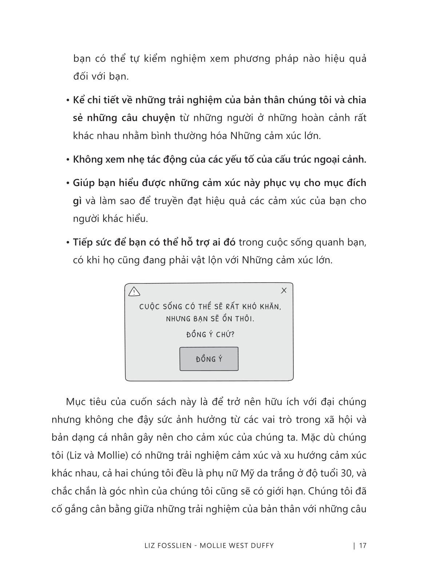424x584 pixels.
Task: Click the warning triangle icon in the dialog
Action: coord(134,291)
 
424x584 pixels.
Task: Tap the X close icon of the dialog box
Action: coord(284,290)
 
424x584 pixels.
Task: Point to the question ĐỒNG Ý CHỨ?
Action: coord(210,334)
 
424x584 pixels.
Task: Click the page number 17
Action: coord(363,545)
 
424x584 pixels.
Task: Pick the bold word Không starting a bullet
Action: coord(88,159)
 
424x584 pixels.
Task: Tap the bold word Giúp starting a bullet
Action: coord(84,183)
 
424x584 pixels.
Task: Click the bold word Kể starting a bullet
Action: coord(78,100)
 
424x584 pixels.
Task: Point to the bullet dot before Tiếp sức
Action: coord(68,243)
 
